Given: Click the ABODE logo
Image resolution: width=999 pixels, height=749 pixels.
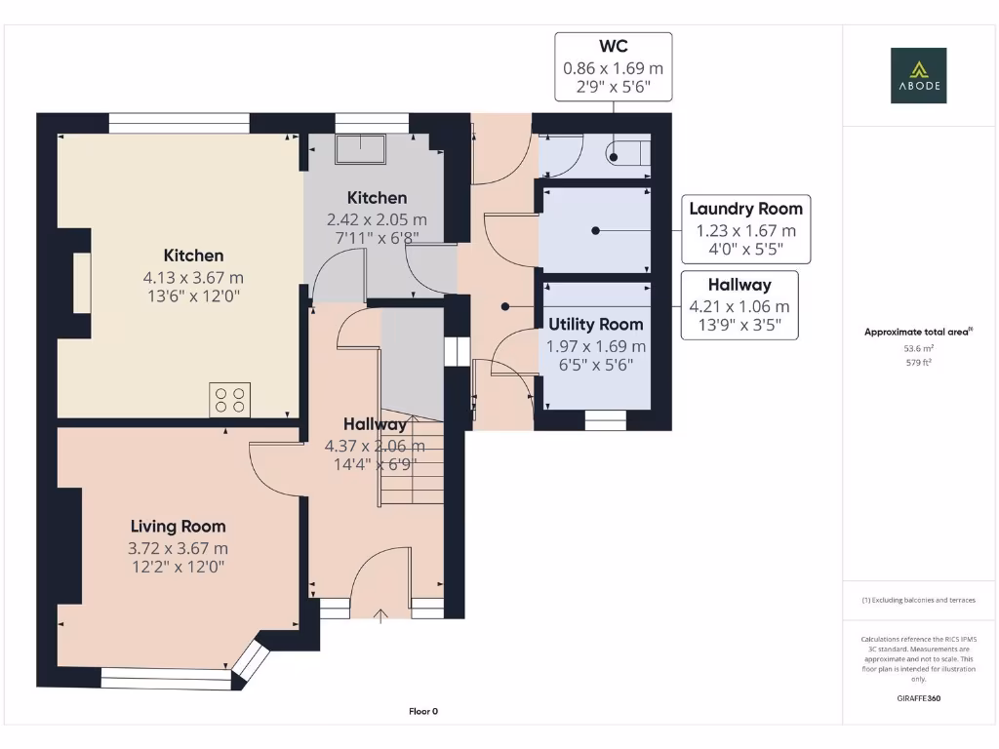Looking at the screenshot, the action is pos(918,75).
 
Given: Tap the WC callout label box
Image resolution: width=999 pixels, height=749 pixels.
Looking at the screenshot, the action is pos(613,67).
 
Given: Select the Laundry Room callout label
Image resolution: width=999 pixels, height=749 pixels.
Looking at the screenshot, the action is pos(745,229).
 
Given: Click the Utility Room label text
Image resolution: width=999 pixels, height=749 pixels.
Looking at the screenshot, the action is pos(596,324).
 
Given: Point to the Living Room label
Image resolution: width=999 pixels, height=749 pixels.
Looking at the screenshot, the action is pos(178,526).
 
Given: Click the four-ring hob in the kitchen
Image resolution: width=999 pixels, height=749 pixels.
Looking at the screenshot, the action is pos(230,400).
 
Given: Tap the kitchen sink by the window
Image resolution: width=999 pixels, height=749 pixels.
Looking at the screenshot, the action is pos(361,149).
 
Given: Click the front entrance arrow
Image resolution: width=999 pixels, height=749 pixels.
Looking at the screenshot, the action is pos(380,616).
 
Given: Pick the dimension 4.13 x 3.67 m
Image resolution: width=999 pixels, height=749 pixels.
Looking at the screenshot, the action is pos(193,278).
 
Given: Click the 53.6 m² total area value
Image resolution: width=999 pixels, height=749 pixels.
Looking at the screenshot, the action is pos(918,348).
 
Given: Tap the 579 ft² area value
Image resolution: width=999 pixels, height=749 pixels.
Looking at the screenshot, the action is pos(918,363).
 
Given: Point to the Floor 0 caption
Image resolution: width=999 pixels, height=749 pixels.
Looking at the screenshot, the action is pos(423,711).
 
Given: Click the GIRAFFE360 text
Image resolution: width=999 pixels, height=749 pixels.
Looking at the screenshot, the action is pos(918,698).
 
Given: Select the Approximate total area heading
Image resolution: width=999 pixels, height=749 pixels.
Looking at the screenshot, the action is pos(918,332).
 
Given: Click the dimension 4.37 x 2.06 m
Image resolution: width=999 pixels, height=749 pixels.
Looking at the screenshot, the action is pos(375,446).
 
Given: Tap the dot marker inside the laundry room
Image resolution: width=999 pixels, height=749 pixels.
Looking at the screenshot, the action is pos(595,230).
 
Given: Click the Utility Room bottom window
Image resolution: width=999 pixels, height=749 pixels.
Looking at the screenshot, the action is pos(605,420).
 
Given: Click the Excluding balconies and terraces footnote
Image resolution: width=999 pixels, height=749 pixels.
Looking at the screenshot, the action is pos(918,600).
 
